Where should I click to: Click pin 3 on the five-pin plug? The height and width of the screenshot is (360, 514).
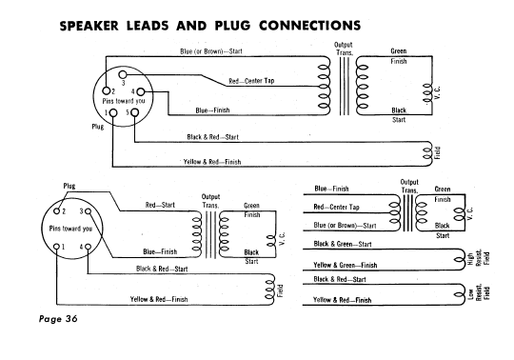tap(122, 74)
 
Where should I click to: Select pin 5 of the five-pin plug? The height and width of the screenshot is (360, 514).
tap(135, 112)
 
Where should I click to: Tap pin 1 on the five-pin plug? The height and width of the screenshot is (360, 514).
tap(113, 112)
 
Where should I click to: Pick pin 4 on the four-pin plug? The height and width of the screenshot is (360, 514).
tap(88, 247)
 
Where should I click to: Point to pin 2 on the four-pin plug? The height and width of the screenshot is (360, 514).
tap(57, 210)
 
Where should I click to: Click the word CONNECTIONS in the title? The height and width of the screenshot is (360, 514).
tap(309, 26)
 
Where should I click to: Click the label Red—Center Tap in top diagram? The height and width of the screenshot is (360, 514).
tap(251, 81)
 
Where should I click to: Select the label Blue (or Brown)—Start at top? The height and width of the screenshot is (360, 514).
tap(211, 51)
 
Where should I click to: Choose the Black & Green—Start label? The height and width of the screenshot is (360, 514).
tap(343, 244)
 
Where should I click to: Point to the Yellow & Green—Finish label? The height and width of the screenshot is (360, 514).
tap(346, 265)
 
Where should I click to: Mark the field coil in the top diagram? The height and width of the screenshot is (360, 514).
tap(427, 154)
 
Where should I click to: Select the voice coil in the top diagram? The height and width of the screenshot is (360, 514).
tap(427, 92)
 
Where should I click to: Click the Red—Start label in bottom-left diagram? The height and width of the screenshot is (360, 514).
tap(160, 206)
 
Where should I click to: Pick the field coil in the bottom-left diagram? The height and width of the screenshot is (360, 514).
tap(269, 290)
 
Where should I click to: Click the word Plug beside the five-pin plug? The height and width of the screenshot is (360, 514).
tap(98, 127)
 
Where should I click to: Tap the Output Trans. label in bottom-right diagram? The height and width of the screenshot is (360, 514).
tap(409, 187)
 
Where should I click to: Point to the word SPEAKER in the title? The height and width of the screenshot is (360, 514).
tap(89, 26)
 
